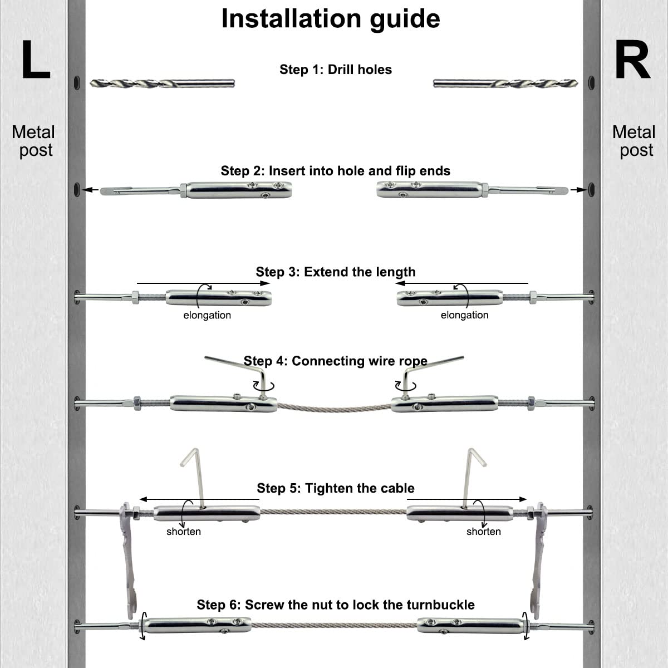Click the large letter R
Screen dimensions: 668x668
coord(632,60)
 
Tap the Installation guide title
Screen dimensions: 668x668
coord(331,19)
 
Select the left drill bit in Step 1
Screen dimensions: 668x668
coord(162,83)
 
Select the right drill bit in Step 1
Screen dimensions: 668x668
coord(505,83)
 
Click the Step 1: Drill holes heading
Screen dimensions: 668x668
coord(336,70)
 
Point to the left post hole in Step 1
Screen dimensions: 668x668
coord(77,83)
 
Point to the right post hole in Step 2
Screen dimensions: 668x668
coord(591,190)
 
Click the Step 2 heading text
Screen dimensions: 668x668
coord(336,171)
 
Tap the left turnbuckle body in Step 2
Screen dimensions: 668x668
coord(239,190)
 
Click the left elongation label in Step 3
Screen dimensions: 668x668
coord(207,315)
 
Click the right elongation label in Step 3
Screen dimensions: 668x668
coord(464,315)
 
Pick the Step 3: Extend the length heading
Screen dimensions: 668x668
coord(336,272)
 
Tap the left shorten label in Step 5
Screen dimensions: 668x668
coord(183,532)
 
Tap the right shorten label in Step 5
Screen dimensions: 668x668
coord(484,532)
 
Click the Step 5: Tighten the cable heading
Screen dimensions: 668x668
coord(336,488)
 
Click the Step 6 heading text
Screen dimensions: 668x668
coord(336,605)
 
